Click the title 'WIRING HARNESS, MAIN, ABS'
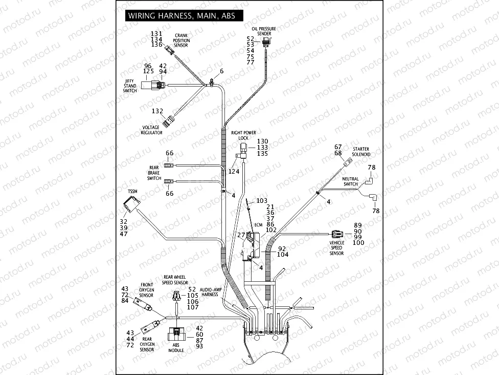tap(182, 16)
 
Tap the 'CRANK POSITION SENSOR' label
tap(181, 40)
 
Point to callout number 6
tap(221, 71)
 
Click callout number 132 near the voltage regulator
tap(157, 111)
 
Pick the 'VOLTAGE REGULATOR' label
tap(152, 130)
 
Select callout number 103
tap(262, 201)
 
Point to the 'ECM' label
tap(258, 224)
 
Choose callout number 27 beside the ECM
tap(241, 235)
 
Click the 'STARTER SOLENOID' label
tap(360, 152)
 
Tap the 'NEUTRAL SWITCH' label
tap(351, 181)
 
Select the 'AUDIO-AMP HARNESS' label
tap(210, 292)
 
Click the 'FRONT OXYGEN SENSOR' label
tap(147, 289)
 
